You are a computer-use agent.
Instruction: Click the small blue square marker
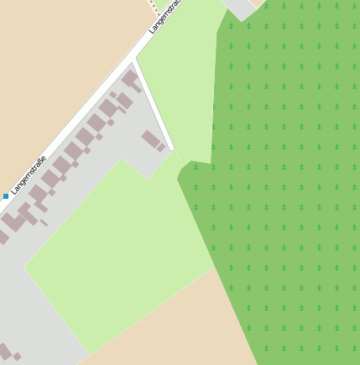6,196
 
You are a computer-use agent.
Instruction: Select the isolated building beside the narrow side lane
151,139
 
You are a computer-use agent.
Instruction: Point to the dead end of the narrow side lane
172,149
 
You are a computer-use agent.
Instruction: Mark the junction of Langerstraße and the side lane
134,60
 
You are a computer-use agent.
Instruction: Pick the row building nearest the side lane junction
130,80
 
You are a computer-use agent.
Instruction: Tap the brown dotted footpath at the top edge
153,5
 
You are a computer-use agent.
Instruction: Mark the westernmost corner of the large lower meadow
25,267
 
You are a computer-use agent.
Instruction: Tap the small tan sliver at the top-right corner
257,3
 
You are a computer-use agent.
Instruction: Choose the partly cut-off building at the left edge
3,237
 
